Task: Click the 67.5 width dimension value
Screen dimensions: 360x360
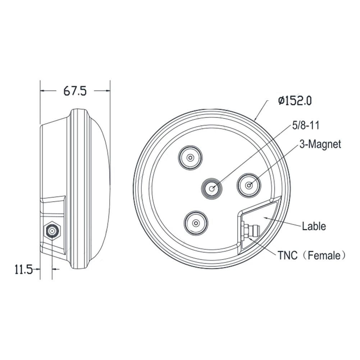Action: [x=75, y=91]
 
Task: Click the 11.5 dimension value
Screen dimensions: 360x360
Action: [x=23, y=269]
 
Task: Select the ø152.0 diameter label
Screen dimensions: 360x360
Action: [x=295, y=100]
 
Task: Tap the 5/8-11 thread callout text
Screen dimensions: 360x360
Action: [x=305, y=125]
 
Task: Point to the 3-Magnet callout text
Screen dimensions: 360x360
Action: [x=320, y=145]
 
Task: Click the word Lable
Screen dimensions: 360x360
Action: [x=314, y=226]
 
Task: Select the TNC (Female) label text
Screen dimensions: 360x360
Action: [x=311, y=255]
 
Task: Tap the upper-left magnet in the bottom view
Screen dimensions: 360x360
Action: [x=191, y=158]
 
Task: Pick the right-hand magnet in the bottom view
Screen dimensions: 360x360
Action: [x=249, y=185]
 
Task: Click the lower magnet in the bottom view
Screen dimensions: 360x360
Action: [x=196, y=223]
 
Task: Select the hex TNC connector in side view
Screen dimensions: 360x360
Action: [x=53, y=231]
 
